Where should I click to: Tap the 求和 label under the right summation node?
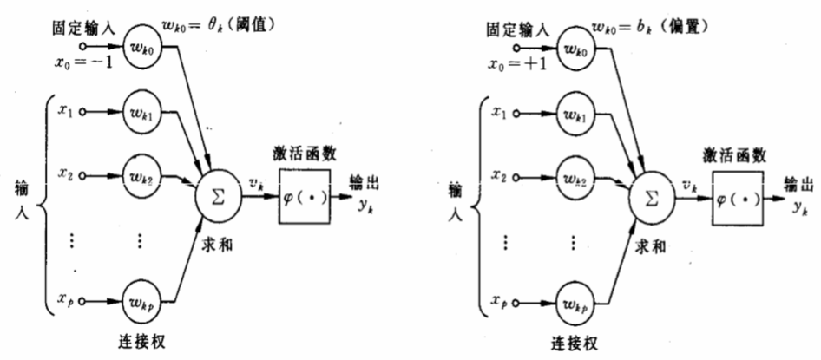(649, 246)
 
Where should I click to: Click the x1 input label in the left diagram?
(65, 111)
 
